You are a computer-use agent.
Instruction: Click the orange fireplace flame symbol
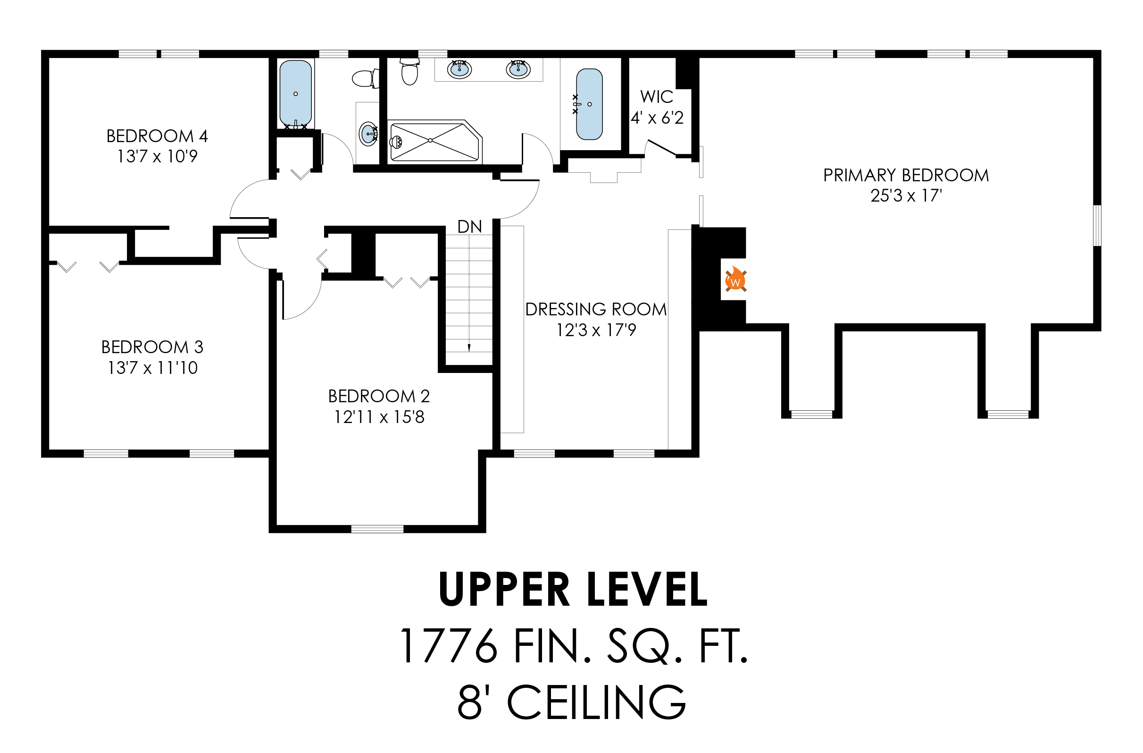click(735, 279)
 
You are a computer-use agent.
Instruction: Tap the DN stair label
click(469, 226)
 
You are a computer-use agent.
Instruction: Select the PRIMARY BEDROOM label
click(906, 176)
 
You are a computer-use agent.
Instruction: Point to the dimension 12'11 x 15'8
click(379, 416)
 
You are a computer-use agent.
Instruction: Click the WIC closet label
click(657, 97)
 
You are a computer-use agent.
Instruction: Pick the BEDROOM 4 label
click(157, 136)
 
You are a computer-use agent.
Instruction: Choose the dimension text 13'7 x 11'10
click(153, 368)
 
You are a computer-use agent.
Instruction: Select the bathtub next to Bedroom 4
click(295, 93)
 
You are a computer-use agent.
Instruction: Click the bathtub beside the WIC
click(589, 104)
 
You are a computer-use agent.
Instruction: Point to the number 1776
click(449, 646)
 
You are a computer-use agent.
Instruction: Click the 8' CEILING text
click(572, 702)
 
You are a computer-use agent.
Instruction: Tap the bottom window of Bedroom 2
click(377, 529)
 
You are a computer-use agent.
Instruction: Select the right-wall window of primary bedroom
click(1097, 225)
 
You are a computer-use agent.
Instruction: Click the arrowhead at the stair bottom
click(469, 348)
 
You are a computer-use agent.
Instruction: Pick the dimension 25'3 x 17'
click(906, 195)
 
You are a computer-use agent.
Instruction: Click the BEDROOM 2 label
click(379, 396)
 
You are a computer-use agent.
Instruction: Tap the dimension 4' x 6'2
click(657, 118)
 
